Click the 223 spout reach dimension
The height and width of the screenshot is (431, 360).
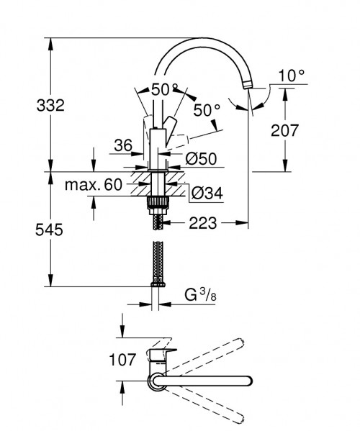coord(202,224)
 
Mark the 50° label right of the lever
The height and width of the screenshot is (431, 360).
coord(206,111)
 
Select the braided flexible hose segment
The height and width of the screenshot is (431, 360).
coord(156,259)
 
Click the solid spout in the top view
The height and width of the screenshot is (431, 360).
coord(209,379)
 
